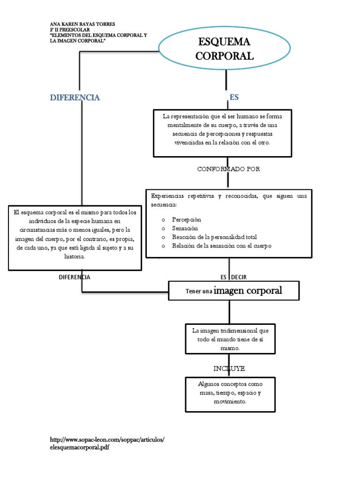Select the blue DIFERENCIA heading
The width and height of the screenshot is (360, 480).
pos(75,97)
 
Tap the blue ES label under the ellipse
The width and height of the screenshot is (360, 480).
pos(234,97)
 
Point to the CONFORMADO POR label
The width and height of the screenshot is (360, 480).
pos(228,169)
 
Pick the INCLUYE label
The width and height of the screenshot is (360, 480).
pos(229,368)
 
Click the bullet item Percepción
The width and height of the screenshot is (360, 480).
pos(186,219)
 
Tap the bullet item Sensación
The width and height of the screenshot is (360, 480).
pos(185,228)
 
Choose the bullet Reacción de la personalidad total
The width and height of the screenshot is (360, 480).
pos(214,237)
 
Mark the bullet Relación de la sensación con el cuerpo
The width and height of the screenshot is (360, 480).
pos(221,246)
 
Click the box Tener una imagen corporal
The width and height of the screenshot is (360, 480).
pos(233,291)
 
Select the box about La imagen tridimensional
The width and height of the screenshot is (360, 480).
pos(230,339)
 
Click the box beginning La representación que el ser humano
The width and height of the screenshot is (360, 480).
pos(228,133)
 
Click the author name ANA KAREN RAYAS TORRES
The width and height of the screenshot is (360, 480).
pos(82,24)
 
